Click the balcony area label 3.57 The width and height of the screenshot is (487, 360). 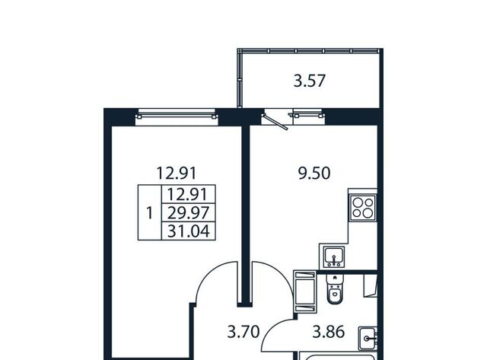(310, 81)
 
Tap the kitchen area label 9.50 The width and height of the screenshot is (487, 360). (314, 174)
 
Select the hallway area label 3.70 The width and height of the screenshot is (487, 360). (243, 332)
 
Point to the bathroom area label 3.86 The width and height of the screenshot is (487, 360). (329, 332)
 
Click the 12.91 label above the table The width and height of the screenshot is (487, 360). (177, 174)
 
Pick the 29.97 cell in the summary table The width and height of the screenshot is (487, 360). (188, 213)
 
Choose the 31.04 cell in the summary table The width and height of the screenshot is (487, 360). (188, 231)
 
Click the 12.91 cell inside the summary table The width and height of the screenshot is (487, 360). (188, 195)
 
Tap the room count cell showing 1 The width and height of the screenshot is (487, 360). (150, 213)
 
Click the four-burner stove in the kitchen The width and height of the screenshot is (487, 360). (362, 208)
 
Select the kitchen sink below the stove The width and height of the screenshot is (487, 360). (334, 257)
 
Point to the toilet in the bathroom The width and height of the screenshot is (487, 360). (334, 289)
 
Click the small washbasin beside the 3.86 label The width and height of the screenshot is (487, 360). (368, 338)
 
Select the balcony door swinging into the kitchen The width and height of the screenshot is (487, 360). (275, 121)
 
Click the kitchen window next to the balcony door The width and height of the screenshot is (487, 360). (307, 116)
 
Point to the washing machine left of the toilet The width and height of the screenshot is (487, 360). (305, 291)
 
